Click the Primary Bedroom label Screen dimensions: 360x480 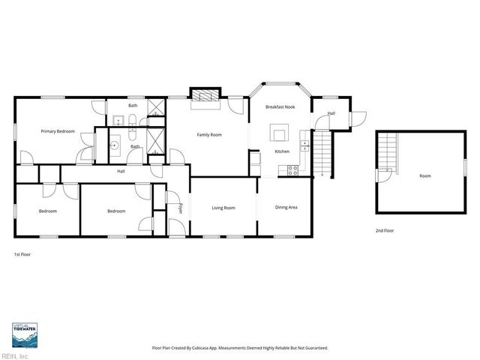[58, 131]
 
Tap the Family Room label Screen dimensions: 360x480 [209, 134]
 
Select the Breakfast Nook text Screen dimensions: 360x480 [280, 107]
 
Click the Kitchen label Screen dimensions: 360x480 [282, 151]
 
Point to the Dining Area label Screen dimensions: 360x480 [286, 207]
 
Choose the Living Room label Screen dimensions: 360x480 [223, 208]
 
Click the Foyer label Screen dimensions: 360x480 [180, 208]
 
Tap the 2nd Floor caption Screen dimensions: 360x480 [385, 231]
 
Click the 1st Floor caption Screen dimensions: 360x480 [22, 254]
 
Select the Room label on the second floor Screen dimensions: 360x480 [425, 175]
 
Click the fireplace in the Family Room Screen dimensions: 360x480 [205, 96]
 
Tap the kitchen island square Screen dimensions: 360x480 [280, 134]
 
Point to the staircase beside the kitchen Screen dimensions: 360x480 [320, 152]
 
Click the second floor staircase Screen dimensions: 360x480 [386, 149]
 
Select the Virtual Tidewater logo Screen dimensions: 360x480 [25, 334]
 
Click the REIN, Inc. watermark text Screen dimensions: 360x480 [14, 355]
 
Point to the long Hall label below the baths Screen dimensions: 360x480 [121, 172]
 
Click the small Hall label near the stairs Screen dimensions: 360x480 [331, 113]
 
